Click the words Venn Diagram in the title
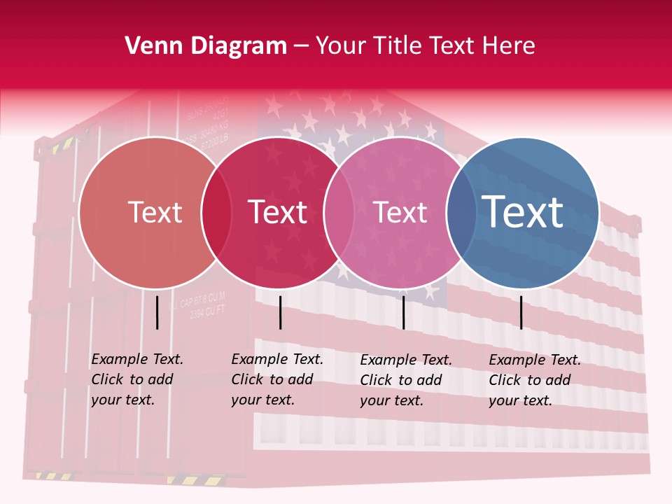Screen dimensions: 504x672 point(206,46)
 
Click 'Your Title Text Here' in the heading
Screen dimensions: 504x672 point(425,46)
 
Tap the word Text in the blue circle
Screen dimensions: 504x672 point(523,211)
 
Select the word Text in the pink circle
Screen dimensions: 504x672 point(400,212)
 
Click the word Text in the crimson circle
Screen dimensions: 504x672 point(278,212)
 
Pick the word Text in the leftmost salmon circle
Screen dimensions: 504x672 point(155,212)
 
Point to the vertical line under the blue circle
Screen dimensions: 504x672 point(521,312)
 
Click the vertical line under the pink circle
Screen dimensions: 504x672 point(403,312)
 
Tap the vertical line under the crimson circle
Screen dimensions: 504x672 point(280,312)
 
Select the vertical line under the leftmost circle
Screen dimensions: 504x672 point(157,312)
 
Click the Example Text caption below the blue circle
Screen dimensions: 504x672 point(535,380)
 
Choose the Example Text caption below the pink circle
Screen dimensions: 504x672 point(406,380)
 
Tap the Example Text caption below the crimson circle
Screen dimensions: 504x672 point(277,379)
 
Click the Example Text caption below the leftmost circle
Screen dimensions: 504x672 point(137,379)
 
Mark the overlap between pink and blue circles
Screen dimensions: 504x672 point(461,213)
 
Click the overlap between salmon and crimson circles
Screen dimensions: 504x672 point(216,213)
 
